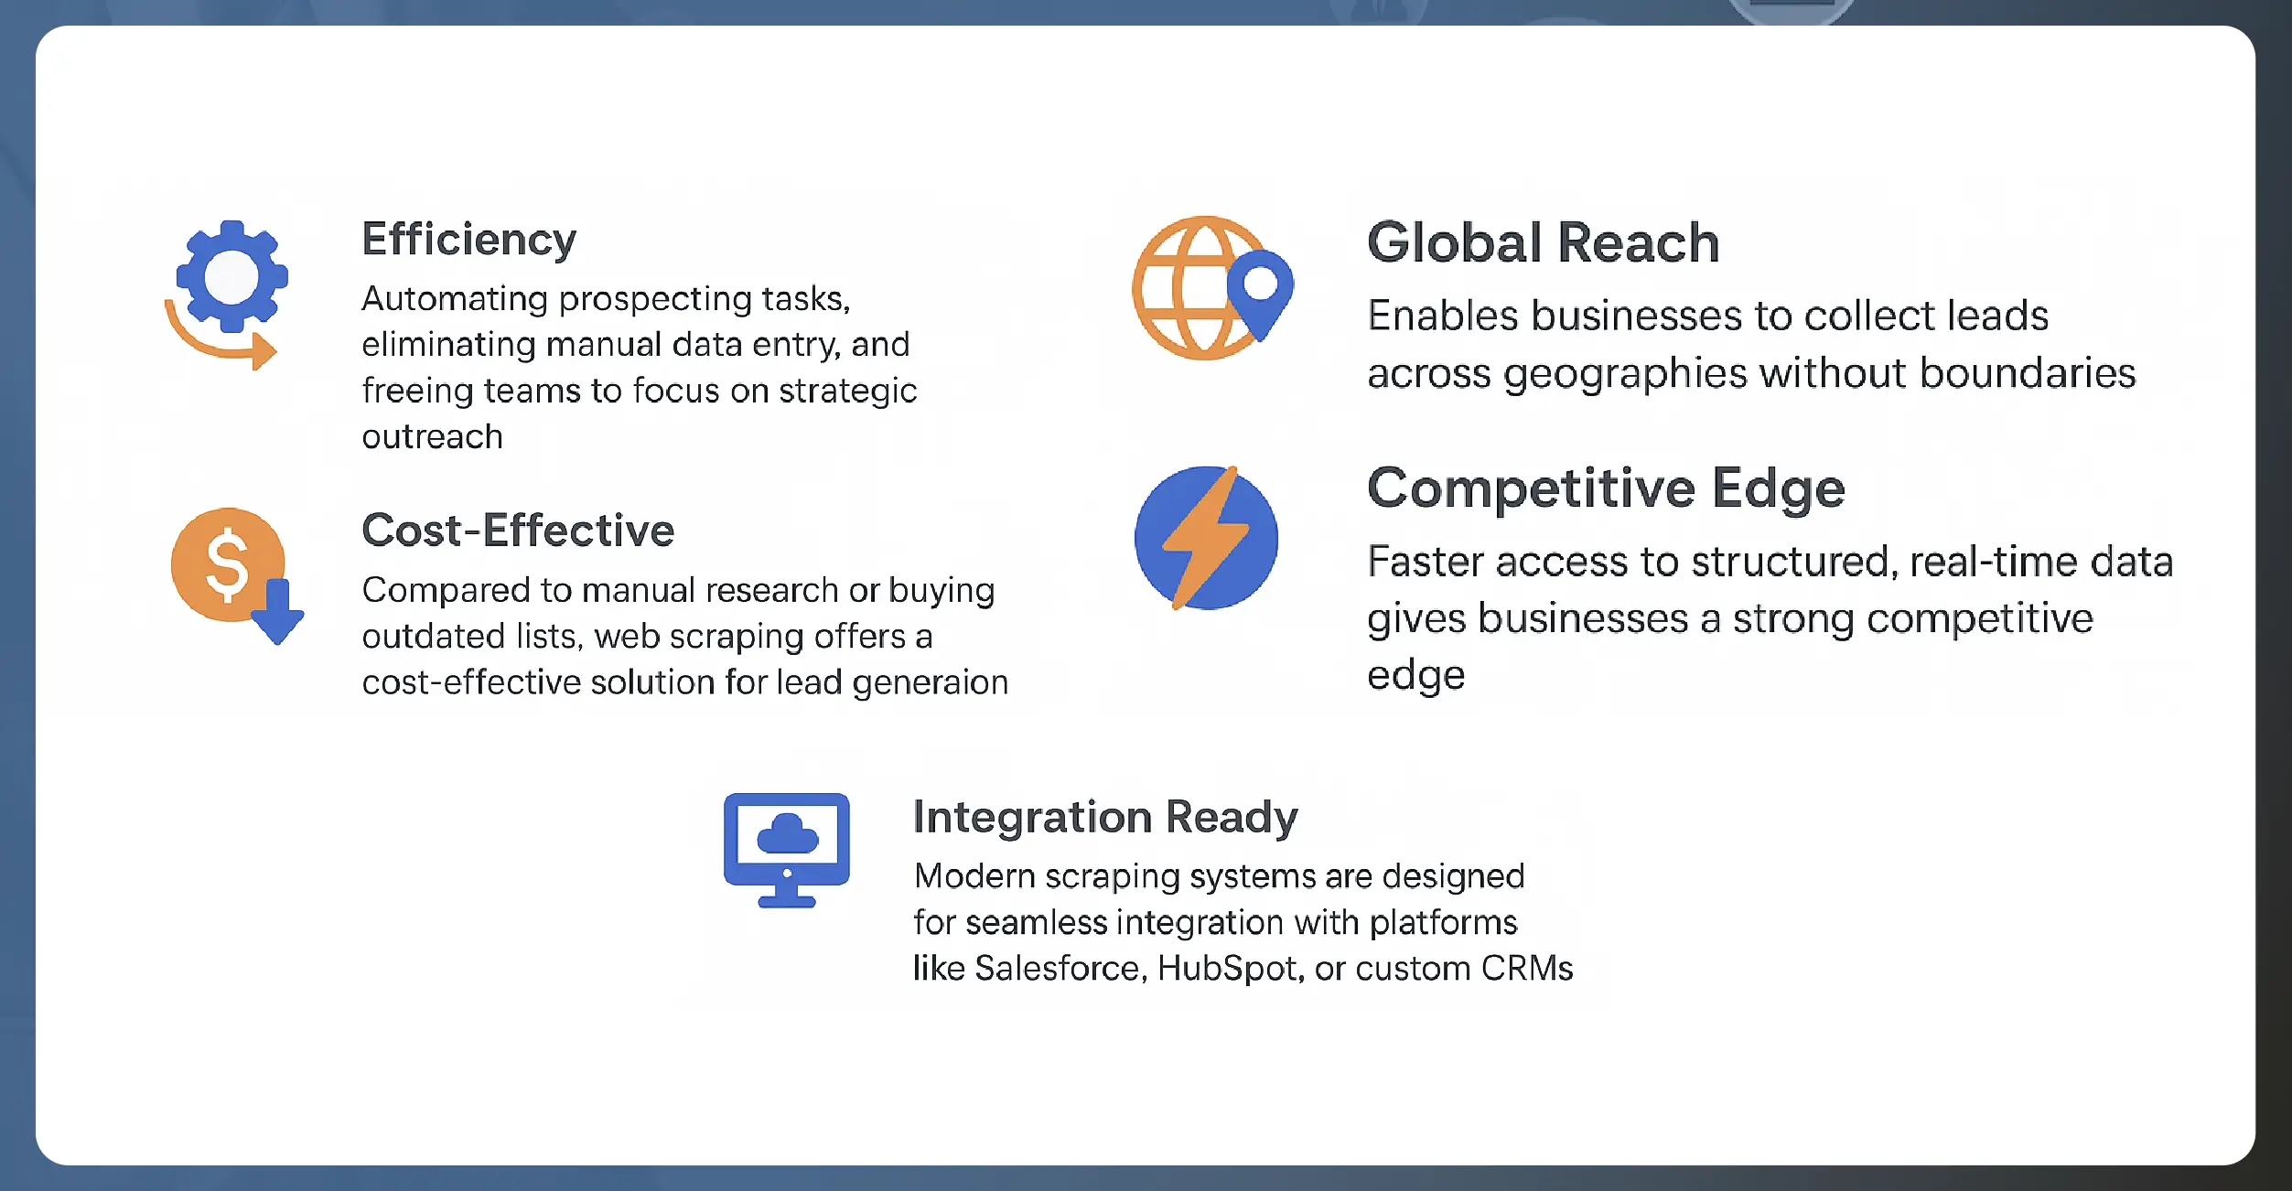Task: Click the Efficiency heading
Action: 468,240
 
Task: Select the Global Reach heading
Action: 1543,243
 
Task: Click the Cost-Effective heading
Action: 518,531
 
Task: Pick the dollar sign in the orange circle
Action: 227,565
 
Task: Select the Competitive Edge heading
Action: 1606,488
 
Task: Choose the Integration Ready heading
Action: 1105,817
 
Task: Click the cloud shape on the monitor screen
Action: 787,834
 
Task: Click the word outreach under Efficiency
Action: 432,437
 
